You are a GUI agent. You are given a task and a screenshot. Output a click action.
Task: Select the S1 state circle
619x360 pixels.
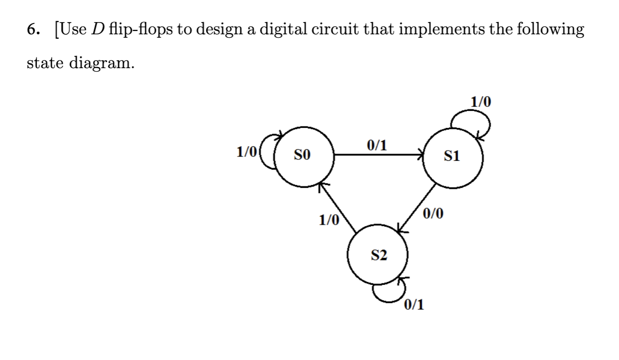point(453,156)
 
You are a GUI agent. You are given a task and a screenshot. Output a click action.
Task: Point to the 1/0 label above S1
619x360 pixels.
point(480,102)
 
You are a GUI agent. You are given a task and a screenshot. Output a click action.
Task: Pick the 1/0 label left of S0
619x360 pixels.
point(246,152)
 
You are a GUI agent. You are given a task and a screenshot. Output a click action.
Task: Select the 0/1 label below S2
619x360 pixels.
point(414,305)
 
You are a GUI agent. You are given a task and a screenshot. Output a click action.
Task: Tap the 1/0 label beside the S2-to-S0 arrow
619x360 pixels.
point(329,220)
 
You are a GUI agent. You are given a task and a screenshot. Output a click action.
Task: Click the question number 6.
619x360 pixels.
point(32,30)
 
